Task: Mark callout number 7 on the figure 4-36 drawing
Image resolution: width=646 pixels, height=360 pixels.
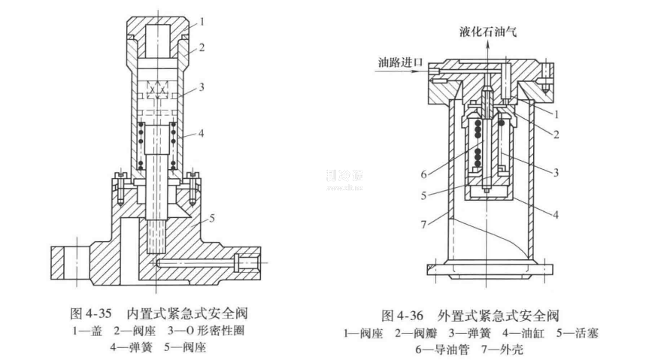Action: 426,223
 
